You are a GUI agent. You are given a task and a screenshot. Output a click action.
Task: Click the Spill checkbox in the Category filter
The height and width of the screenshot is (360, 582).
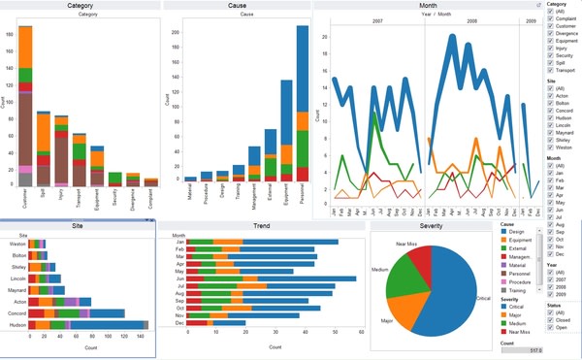coord(551,62)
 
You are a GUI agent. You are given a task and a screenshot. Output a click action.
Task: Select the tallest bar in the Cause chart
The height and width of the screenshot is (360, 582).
coord(302,107)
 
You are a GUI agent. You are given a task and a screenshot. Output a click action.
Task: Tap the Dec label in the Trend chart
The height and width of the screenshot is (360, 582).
coord(178,322)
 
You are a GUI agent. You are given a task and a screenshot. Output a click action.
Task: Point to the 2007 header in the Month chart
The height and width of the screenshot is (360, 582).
coord(376,18)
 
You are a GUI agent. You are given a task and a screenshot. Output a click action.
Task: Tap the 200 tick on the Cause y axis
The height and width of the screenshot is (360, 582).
coord(175,31)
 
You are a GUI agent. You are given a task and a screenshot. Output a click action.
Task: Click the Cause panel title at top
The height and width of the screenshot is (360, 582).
coord(237,6)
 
